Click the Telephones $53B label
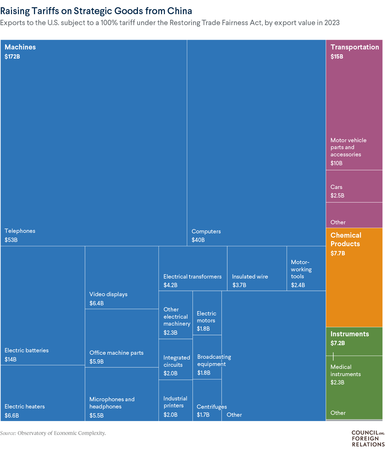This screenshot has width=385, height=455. tap(20, 231)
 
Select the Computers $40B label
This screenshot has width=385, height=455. tap(206, 232)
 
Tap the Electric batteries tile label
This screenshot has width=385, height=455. tap(26, 350)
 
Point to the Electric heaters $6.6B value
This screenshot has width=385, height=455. tap(12, 415)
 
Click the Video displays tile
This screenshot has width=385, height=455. tap(122, 278)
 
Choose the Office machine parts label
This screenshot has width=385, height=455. tap(116, 353)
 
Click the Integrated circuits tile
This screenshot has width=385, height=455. tap(176, 360)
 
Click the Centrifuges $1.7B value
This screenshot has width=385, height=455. tap(203, 415)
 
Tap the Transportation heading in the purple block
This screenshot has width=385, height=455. tap(355, 47)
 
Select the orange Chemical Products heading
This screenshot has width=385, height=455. tap(346, 240)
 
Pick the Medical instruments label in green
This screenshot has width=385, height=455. tap(345, 371)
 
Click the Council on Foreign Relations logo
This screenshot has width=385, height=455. tap(368, 438)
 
